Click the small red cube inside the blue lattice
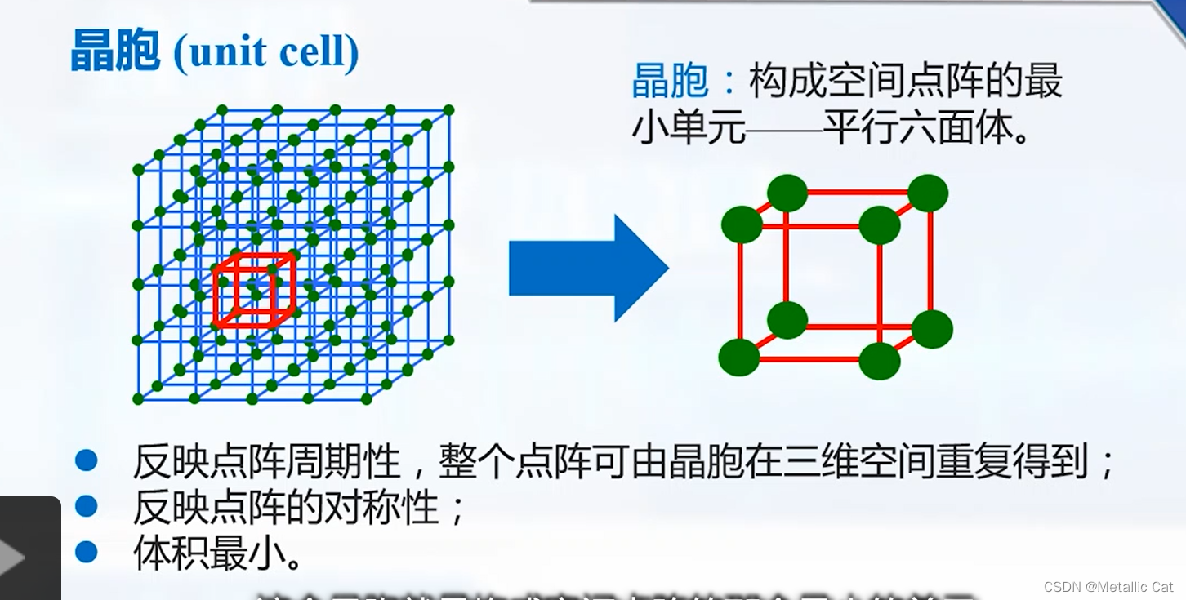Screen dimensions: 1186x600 (253, 291)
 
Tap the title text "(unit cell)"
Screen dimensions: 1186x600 (266, 52)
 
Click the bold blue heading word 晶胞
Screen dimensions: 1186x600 (114, 52)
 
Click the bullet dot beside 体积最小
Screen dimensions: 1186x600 (86, 553)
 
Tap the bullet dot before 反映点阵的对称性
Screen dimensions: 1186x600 (86, 506)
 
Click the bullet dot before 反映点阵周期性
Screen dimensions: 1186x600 (86, 460)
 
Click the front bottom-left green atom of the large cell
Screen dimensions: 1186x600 (739, 358)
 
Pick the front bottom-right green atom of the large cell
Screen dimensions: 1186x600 (880, 361)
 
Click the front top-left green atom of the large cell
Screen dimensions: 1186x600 (742, 224)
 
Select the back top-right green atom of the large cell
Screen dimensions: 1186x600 (928, 193)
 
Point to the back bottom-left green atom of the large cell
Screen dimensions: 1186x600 (787, 320)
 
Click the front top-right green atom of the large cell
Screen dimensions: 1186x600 (880, 224)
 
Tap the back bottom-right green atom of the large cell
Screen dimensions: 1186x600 (932, 329)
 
